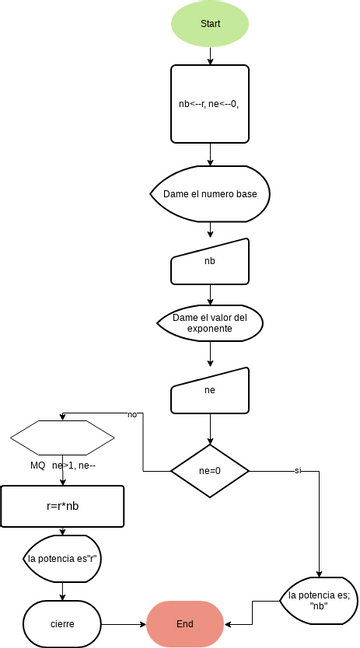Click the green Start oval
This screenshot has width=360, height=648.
pos(210,23)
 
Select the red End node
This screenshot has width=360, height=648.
pos(185,623)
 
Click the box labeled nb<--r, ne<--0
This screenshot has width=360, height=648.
pos(210,103)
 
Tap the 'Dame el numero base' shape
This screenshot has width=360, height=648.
pos(210,191)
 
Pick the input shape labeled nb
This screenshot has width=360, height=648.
pos(210,261)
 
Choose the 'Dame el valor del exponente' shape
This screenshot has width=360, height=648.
pos(210,323)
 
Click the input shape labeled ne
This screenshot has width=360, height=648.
pos(210,391)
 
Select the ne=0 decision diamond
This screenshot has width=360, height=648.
pos(210,470)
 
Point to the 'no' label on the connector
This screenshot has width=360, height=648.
pos(132,414)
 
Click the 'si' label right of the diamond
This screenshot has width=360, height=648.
pos(297,470)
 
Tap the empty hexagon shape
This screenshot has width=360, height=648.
pos(62,437)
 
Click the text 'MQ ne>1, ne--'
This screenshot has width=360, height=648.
pos(62,466)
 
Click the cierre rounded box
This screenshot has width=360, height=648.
pos(62,623)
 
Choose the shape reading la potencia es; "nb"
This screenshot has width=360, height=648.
pos(317,600)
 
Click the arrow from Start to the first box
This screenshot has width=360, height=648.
pos(210,55)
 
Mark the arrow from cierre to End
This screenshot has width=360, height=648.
pos(125,623)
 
